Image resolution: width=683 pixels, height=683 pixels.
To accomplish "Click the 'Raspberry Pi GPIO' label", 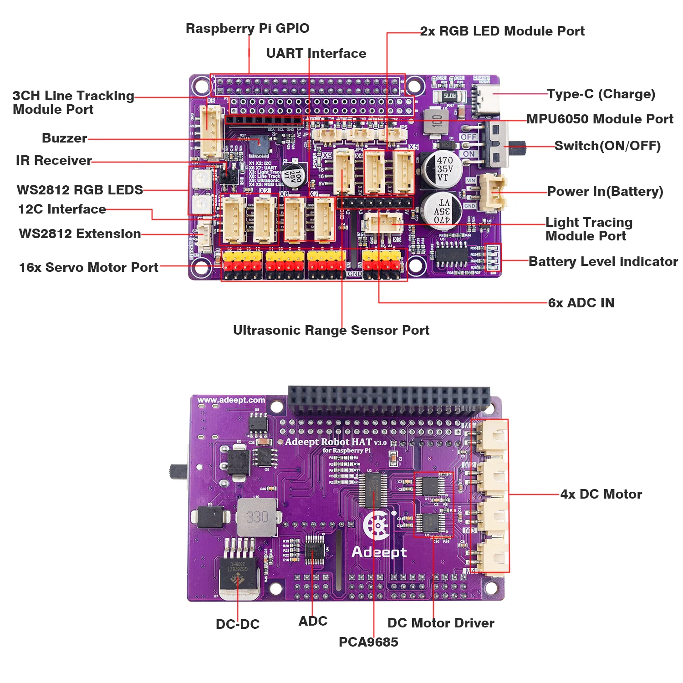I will click(247, 28).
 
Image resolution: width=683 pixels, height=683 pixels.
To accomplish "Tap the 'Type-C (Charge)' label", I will click(601, 94).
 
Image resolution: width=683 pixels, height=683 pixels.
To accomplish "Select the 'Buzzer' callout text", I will click(64, 138).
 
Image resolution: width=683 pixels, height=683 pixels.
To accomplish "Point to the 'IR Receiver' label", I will click(54, 160).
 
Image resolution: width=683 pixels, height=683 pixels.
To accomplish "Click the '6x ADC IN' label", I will click(581, 303).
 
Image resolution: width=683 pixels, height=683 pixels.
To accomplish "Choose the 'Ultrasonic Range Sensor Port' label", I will click(331, 330).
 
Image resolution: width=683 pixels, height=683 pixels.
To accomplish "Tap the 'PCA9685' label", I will click(368, 642).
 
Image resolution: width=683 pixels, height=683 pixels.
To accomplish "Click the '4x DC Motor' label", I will click(601, 494).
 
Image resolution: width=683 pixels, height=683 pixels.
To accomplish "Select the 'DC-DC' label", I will click(238, 624).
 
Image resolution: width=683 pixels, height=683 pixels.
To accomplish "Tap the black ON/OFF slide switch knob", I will click(516, 147).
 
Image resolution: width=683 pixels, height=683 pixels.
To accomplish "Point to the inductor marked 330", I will click(257, 517).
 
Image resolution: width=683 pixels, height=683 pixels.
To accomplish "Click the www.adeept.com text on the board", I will click(231, 400).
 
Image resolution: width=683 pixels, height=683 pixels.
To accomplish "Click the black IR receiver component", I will click(227, 173).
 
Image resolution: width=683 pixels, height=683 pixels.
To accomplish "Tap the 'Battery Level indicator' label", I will click(603, 261).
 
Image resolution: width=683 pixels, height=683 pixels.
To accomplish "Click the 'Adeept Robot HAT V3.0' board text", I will click(336, 442).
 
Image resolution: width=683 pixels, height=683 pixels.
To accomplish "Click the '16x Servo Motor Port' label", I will click(89, 267).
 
